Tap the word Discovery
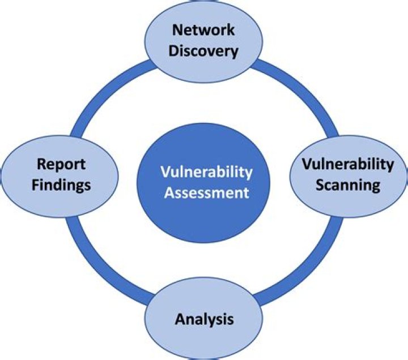(204, 51)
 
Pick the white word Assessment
(205, 192)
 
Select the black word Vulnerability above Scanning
(347, 164)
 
